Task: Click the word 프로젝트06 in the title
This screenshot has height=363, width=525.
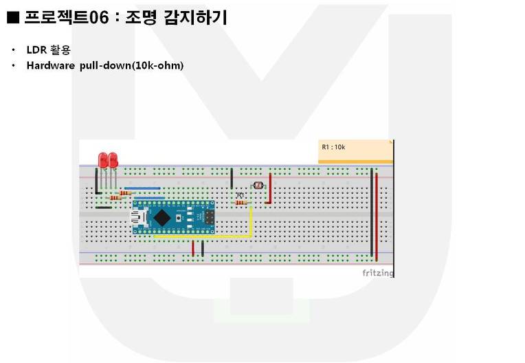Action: [x=66, y=18]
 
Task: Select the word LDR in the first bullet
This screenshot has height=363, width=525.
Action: [x=35, y=50]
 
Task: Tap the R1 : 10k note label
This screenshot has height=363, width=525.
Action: [x=333, y=147]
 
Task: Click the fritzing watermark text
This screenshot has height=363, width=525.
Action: [x=378, y=273]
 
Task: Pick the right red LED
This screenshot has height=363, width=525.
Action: [x=113, y=161]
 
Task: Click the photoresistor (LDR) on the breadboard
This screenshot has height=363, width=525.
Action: [x=258, y=185]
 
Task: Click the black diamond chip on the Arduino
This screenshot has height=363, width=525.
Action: [x=161, y=217]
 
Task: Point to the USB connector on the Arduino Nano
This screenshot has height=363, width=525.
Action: [x=140, y=217]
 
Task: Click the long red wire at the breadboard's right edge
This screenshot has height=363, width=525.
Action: [x=377, y=213]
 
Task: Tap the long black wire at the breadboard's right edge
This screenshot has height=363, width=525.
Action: [x=372, y=213]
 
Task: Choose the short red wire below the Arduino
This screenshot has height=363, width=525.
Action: [x=193, y=248]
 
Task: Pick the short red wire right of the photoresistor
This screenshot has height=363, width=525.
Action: [x=269, y=188]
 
